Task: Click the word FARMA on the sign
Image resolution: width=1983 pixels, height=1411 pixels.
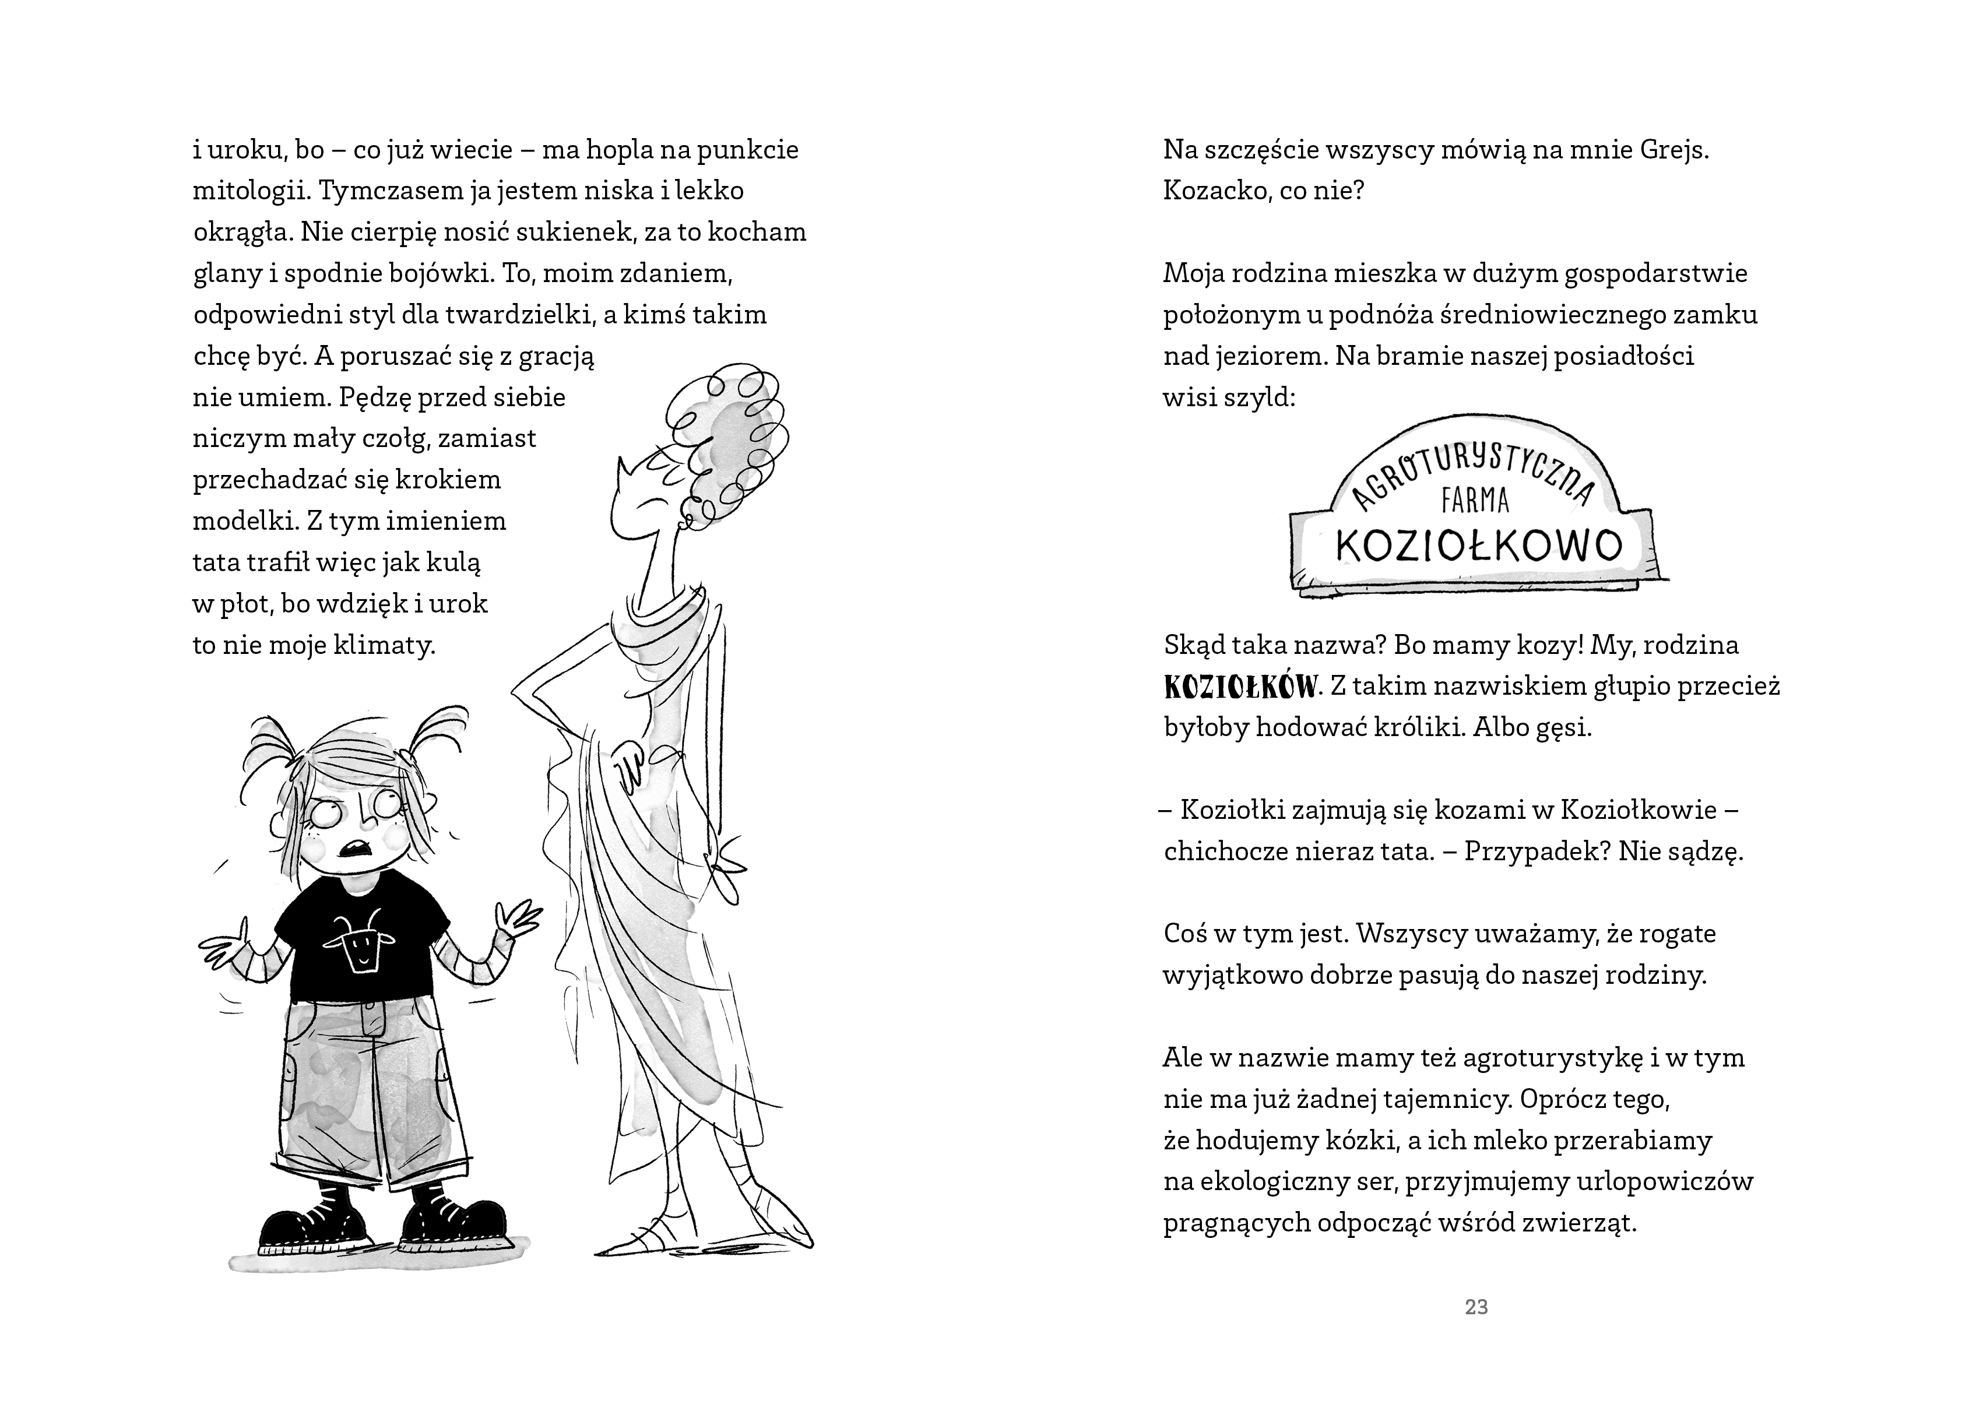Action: point(1475,501)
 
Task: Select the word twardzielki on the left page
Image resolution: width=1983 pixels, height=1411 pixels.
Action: point(513,315)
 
